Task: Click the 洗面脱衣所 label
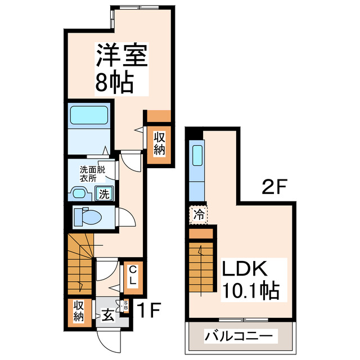pyautogui.click(x=91, y=172)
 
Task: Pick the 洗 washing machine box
pyautogui.click(x=105, y=194)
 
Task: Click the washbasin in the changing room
pyautogui.click(x=81, y=194)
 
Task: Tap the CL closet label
pyautogui.click(x=132, y=276)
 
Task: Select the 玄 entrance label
pyautogui.click(x=107, y=314)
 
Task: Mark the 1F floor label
pyautogui.click(x=151, y=309)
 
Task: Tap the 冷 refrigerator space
pyautogui.click(x=198, y=214)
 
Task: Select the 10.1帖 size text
pyautogui.click(x=250, y=291)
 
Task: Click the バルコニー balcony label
pyautogui.click(x=240, y=336)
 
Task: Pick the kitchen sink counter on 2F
pyautogui.click(x=197, y=163)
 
